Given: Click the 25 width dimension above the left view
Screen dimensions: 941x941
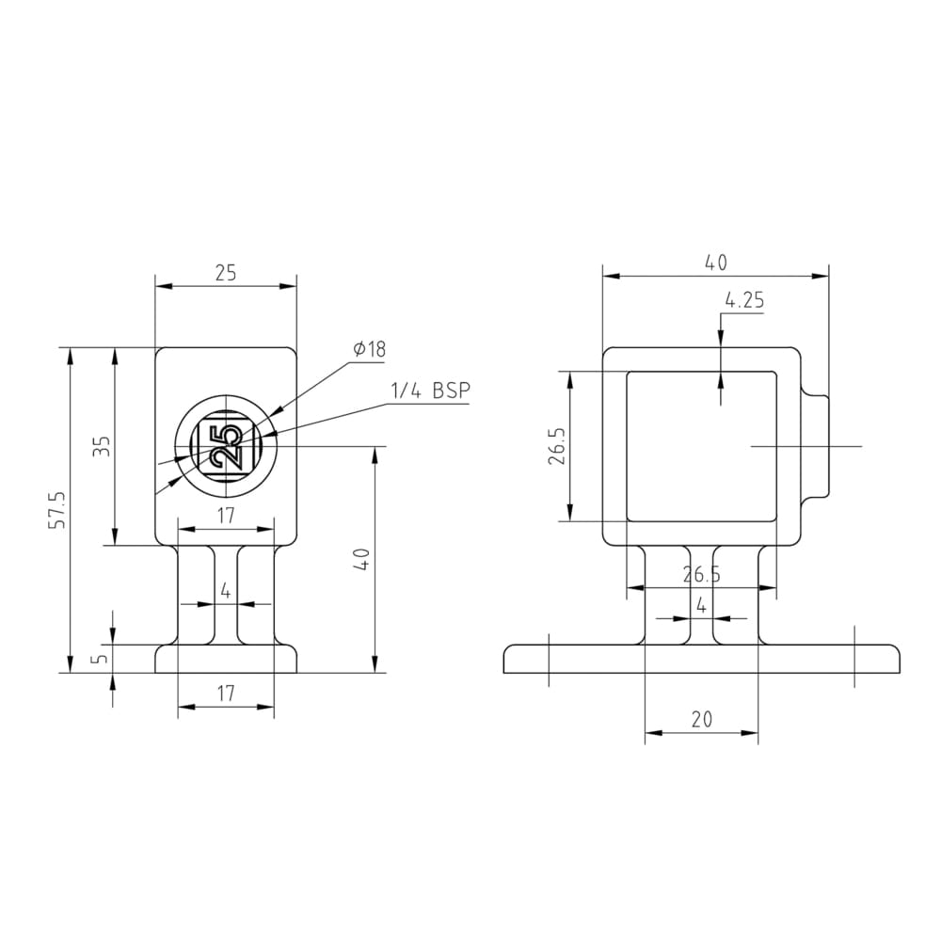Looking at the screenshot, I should click(226, 273).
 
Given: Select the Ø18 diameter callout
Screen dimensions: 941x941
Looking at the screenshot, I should click(370, 350).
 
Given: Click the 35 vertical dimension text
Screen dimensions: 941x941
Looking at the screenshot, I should click(103, 446).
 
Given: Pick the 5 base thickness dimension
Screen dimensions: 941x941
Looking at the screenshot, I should click(101, 659).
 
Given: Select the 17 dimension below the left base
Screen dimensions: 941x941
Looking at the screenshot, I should click(226, 694).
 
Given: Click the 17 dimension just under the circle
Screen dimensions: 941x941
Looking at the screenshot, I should click(226, 516).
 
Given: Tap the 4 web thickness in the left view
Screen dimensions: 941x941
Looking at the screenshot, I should click(226, 592).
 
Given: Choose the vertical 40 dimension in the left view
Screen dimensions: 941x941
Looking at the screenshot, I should click(363, 559).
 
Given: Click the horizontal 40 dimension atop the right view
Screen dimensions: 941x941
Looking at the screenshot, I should click(716, 263).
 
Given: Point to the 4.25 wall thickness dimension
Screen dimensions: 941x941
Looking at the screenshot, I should click(744, 302).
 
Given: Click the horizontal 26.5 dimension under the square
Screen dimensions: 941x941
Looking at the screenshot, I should click(701, 575).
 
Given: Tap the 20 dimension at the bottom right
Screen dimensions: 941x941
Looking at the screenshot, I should click(701, 719).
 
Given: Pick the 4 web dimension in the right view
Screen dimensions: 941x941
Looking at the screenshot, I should click(701, 606).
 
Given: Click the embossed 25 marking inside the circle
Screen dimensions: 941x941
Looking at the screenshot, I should click(226, 446).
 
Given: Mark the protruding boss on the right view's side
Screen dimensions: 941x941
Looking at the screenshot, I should click(817, 446).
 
